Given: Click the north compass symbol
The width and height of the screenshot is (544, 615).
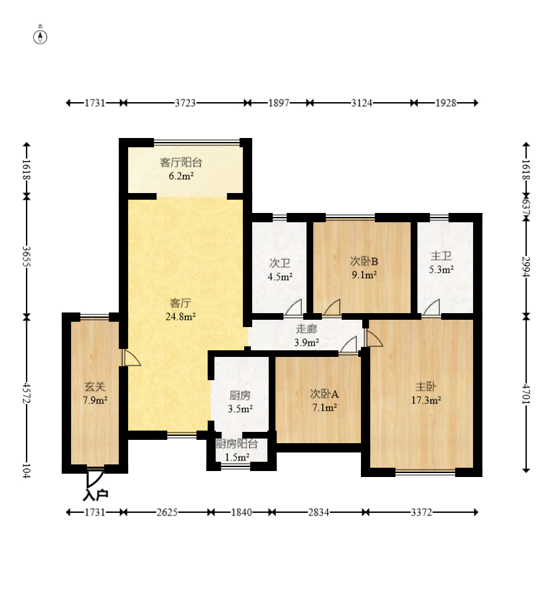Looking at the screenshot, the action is point(40,36).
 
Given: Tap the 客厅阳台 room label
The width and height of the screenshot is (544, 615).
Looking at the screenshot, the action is point(181,163).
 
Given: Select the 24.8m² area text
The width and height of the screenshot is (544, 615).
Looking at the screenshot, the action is point(180,316).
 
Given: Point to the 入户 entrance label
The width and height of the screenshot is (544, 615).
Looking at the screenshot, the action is point(96,495).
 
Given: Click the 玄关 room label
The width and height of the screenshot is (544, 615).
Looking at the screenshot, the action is point(95,387).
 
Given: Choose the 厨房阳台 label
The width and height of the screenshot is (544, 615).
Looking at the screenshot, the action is point(237,444).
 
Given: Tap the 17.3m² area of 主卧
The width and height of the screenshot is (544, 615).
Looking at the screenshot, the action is point(426,400).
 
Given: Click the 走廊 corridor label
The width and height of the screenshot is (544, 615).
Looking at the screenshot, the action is point(306,328).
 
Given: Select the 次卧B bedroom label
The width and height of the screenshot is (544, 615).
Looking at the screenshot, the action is point(364,261).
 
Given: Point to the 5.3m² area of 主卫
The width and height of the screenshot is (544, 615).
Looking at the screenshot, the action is point(441,269).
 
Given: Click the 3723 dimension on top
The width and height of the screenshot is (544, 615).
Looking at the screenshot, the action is point(185,103).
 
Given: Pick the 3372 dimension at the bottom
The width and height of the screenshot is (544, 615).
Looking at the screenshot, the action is point(422,512).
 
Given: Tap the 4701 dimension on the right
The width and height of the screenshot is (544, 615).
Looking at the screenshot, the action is point(526,393).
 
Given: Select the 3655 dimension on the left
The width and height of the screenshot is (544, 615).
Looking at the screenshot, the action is point(27,256).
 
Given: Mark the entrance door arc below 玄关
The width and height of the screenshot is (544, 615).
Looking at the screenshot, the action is point(96,478).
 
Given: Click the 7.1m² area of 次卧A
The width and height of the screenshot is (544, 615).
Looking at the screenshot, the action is point(324,407).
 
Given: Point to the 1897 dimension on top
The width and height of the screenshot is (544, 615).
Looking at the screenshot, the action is point(279,103).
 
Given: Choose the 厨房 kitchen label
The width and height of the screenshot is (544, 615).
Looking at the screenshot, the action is point(239,395).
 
